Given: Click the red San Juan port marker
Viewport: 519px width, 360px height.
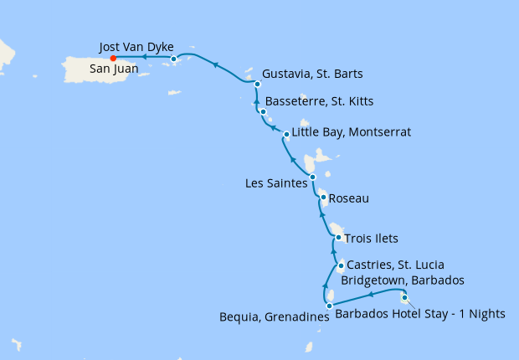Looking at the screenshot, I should [x=113, y=59].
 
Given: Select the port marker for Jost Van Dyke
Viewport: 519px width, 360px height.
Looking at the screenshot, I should [x=173, y=59].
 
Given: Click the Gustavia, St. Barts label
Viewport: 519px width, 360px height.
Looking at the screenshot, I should [x=313, y=73].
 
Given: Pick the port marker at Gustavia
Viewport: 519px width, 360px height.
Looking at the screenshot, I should [x=257, y=84].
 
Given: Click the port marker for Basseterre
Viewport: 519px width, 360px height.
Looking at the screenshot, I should [x=263, y=112].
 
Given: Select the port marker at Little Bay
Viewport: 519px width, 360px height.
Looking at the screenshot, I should [x=286, y=134].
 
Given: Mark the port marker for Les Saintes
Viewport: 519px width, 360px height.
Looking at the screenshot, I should [x=312, y=177].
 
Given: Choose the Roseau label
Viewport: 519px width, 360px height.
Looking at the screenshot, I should [x=349, y=199].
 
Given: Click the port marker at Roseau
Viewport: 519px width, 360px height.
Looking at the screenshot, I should [x=323, y=198].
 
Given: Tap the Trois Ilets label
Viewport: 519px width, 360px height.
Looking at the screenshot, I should [x=372, y=239].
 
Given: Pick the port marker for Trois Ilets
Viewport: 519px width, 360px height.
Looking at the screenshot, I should [x=338, y=237].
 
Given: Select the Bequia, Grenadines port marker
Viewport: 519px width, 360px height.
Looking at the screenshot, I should [x=329, y=306].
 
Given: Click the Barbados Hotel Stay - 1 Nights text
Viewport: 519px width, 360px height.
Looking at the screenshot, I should [x=420, y=315].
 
